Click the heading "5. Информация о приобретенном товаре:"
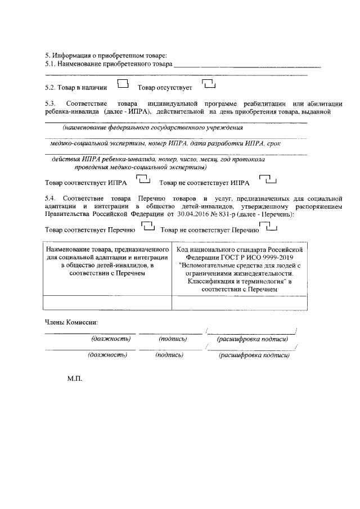[106, 55]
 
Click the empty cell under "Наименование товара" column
[107, 303]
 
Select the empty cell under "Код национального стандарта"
[240, 303]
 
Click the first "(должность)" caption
[111, 339]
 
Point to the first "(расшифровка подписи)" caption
[253, 339]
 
